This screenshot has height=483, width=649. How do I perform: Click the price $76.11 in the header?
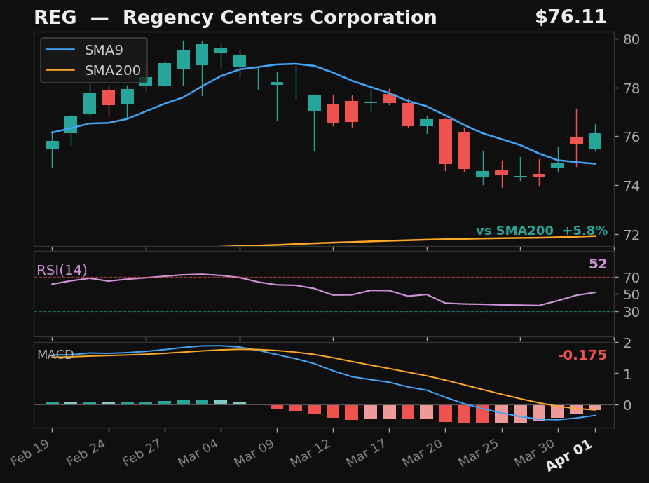[x=571, y=18]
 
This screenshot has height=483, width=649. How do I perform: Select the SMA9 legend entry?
[x=104, y=50]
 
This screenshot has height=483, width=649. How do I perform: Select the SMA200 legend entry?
[x=112, y=71]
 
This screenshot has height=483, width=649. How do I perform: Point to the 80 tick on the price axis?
[x=631, y=39]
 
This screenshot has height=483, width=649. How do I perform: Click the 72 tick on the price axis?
[x=631, y=234]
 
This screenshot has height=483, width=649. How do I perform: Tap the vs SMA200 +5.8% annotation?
[x=541, y=231]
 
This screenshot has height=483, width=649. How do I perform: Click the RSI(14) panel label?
[x=62, y=271]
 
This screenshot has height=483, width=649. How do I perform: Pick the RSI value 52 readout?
[x=597, y=264]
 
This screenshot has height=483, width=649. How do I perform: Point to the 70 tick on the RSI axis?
[x=631, y=278]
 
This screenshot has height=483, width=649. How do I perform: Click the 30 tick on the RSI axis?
[x=631, y=312]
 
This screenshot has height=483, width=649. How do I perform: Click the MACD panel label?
[x=55, y=355]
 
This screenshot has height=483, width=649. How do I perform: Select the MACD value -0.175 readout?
[x=582, y=355]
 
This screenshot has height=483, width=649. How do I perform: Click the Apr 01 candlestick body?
[x=595, y=141]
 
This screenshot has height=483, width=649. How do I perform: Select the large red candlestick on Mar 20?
[x=445, y=142]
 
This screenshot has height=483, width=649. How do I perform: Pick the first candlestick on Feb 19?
[x=52, y=144]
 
